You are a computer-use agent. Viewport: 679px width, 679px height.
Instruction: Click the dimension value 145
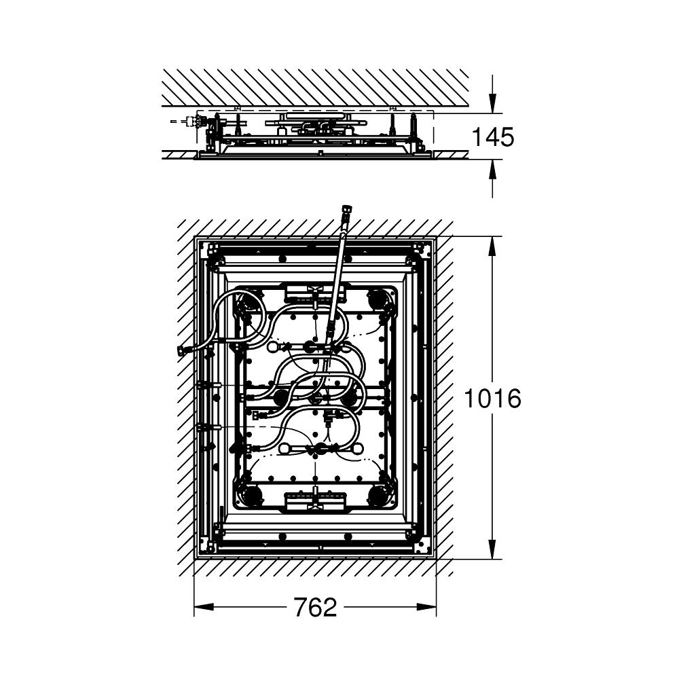[x=493, y=137]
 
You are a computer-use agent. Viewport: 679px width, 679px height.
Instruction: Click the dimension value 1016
[x=492, y=399]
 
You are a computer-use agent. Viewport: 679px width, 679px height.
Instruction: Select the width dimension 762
[x=315, y=607]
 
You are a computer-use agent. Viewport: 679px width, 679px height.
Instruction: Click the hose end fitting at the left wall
[x=182, y=351]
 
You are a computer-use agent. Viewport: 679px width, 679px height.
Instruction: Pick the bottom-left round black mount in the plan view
[x=251, y=496]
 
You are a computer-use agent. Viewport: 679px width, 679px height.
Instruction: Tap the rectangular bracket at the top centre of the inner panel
[x=315, y=293]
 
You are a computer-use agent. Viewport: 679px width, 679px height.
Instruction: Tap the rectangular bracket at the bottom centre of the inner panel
[x=315, y=501]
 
